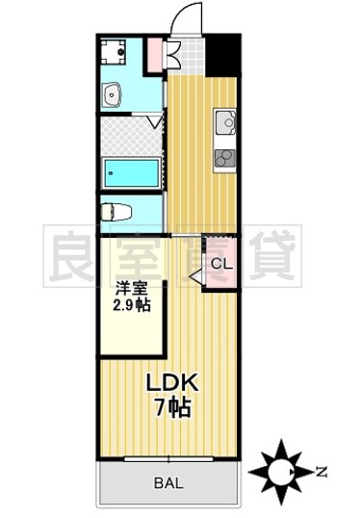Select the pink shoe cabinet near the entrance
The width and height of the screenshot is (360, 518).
point(154,55)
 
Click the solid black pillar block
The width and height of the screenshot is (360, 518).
point(223,54)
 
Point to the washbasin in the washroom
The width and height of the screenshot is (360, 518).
point(114,94)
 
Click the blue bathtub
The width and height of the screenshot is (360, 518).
point(132,173)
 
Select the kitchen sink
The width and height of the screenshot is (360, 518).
point(225,123)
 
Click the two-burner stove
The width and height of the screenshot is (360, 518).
point(225,158)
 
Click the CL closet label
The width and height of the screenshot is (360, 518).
point(220,264)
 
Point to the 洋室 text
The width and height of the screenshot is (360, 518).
point(132,287)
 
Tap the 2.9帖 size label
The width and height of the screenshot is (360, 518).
point(132,305)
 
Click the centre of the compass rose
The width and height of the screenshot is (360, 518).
point(282,471)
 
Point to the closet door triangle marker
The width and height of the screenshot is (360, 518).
point(196,277)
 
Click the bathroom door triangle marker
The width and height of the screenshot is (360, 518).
point(154,122)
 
